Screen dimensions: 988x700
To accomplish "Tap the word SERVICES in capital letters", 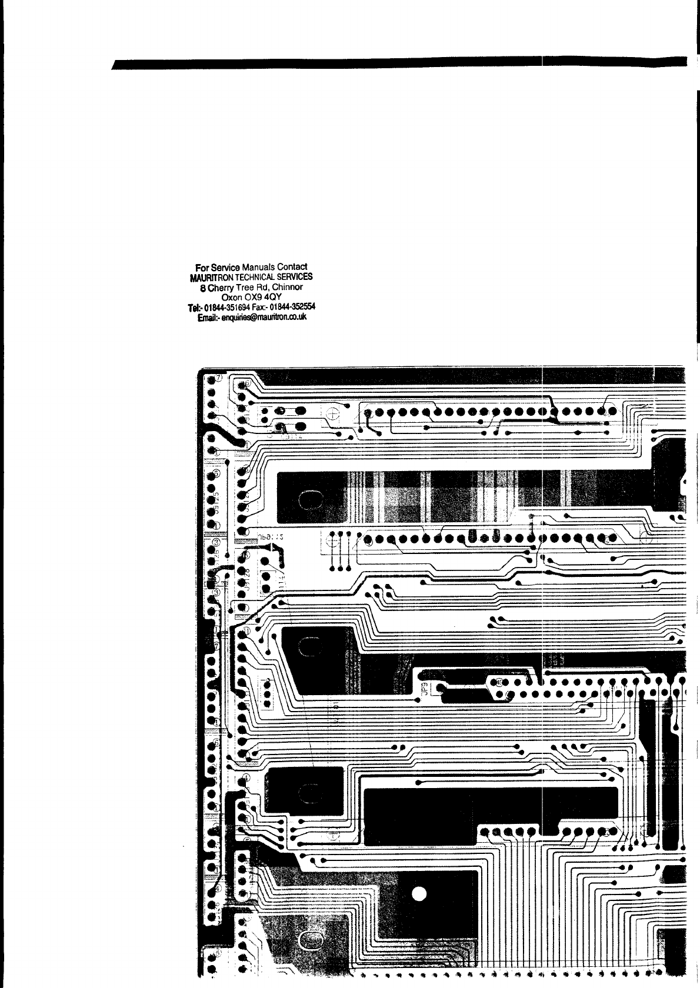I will coord(294,277).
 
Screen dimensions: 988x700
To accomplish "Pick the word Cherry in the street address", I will coord(219,288).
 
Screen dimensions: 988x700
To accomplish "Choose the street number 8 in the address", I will coord(203,288).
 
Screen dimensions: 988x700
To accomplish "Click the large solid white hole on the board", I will coord(419,894).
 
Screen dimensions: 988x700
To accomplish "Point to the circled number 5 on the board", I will coord(216,473).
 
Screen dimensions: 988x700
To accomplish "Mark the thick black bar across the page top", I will coord(400,64).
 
